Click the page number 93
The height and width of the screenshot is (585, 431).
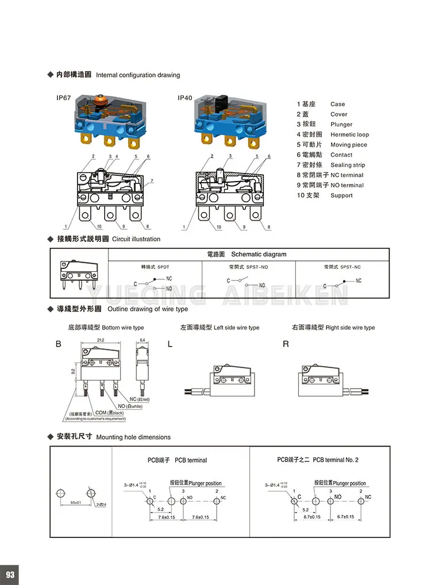pos(10,575)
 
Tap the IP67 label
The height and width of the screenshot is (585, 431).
pos(64,98)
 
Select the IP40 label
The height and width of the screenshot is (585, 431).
pos(185,98)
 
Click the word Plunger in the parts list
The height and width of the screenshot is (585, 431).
pos(341,125)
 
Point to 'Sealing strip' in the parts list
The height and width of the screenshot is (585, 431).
pos(348,165)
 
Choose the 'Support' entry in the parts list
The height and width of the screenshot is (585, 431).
pos(342,195)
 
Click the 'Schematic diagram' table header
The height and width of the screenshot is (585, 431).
pos(258,254)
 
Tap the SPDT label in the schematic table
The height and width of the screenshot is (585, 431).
pos(163,267)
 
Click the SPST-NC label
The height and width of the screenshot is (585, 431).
pos(351,267)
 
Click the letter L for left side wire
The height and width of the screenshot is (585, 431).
pos(170,344)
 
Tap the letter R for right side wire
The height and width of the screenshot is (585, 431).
pos(286,344)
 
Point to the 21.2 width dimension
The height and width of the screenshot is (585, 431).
pos(101,340)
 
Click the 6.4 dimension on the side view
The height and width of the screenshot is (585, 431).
pos(142,340)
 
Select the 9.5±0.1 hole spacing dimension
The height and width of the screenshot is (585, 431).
pos(75,503)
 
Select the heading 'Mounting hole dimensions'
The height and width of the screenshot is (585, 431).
pos(133,437)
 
